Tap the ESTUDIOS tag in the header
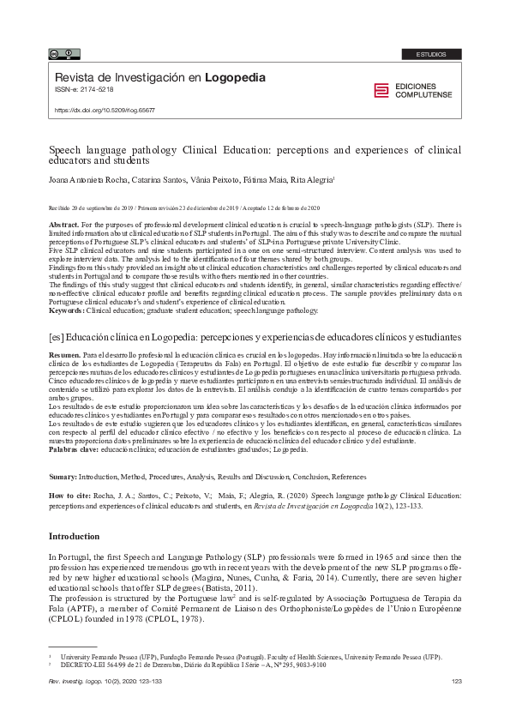431,54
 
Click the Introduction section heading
74,536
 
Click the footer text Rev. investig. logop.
78,681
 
